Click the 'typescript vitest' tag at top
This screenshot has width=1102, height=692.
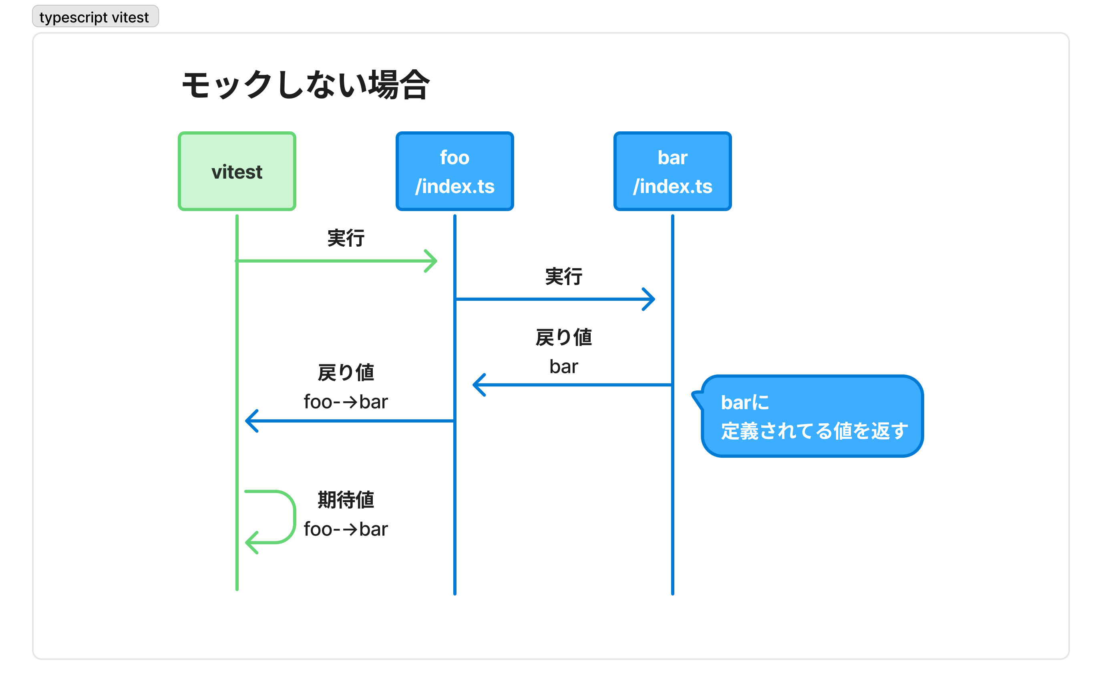95,17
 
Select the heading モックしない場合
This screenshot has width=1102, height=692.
305,86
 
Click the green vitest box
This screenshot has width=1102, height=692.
237,171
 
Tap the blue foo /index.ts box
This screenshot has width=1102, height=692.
454,171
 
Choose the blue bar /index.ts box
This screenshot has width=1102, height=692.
672,171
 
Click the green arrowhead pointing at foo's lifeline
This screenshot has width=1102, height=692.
432,261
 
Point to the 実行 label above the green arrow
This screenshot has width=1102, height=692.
346,238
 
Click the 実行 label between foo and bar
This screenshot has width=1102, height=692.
563,277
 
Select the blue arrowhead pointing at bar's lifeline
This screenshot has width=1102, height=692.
650,299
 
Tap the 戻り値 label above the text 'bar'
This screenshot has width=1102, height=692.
563,338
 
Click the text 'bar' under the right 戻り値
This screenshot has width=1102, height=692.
563,366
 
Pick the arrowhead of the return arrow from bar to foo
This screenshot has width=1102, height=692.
478,385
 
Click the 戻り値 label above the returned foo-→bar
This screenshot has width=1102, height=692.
346,373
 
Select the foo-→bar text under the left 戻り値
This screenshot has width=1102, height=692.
346,402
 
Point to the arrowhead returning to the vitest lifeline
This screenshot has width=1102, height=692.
251,420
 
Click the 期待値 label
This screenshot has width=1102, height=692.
346,500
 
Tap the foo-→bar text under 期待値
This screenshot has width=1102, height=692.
346,529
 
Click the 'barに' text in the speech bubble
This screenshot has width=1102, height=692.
744,403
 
